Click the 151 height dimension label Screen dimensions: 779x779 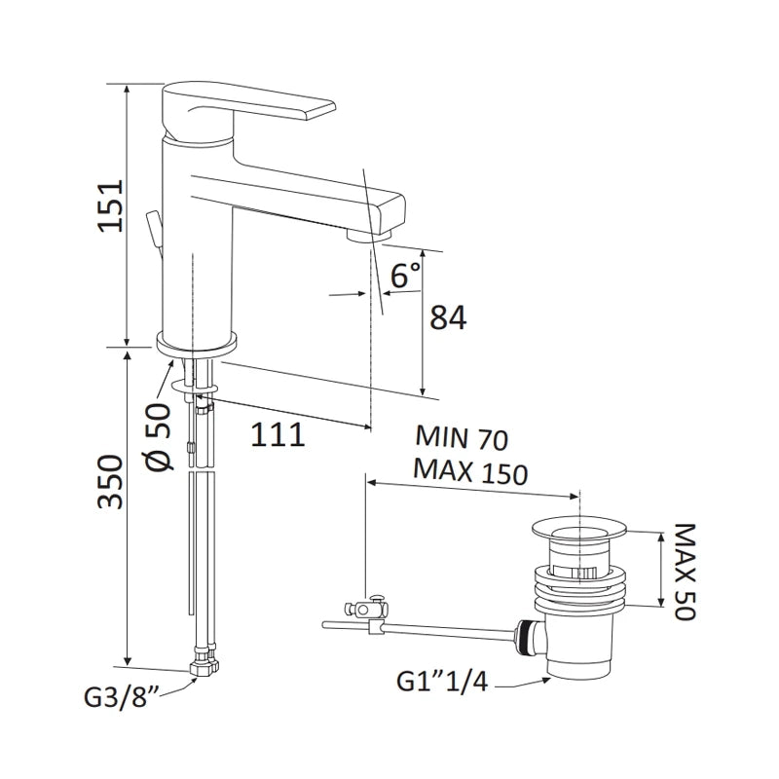click(110, 205)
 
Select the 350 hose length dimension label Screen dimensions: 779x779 click(110, 481)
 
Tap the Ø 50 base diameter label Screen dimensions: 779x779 click(159, 436)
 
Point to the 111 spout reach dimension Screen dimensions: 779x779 click(278, 434)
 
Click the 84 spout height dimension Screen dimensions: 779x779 click(448, 317)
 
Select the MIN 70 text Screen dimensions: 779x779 click(462, 437)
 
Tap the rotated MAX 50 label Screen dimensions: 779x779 click(686, 571)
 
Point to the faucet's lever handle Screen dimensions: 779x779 click(248, 104)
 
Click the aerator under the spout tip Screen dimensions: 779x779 click(369, 234)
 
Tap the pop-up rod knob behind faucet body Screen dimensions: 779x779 click(153, 231)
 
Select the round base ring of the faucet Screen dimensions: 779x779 click(197, 344)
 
